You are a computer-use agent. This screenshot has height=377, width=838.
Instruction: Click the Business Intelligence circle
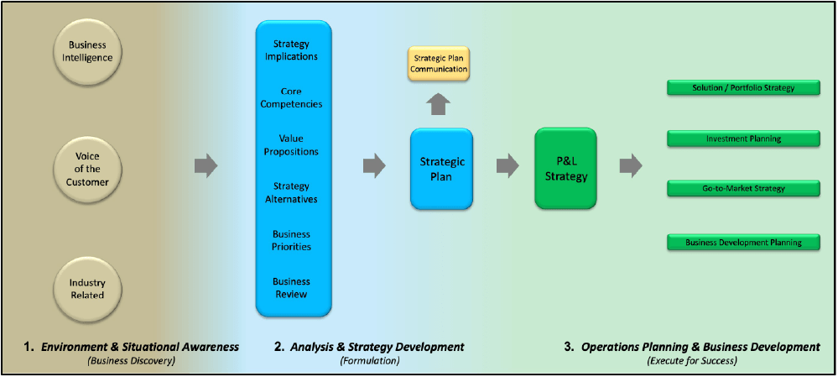[87, 52]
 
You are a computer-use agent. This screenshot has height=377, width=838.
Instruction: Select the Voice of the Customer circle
[87, 168]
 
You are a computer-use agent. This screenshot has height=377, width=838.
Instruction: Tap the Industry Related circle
[87, 289]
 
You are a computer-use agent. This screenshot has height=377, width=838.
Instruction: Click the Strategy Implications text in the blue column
[291, 50]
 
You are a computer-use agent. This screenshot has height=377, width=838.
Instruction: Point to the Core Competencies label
[291, 97]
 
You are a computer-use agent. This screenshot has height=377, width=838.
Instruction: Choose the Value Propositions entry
[291, 145]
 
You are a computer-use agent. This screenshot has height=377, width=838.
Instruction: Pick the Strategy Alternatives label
[291, 193]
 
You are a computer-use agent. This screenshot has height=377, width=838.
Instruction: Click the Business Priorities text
[291, 240]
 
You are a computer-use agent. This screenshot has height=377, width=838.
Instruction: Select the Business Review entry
[291, 288]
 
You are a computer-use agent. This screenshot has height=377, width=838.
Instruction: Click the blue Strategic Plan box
[442, 168]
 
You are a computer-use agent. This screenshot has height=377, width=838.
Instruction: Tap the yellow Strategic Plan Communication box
[439, 64]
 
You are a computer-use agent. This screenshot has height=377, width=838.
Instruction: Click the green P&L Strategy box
[565, 168]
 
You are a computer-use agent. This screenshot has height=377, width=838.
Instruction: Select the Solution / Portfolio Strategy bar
[743, 87]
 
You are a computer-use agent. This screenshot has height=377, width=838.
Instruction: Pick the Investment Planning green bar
[743, 139]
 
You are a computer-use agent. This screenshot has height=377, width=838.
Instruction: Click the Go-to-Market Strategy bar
[743, 188]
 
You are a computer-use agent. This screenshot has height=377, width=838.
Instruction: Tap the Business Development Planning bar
[743, 243]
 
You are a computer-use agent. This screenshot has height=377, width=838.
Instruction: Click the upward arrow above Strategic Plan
[439, 103]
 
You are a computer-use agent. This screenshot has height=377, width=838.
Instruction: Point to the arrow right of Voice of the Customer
[206, 165]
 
